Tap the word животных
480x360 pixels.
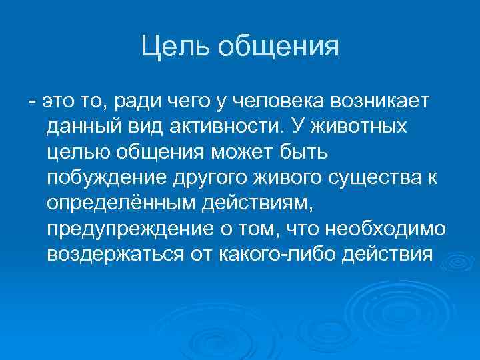(354, 127)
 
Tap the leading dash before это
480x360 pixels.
(31, 102)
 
